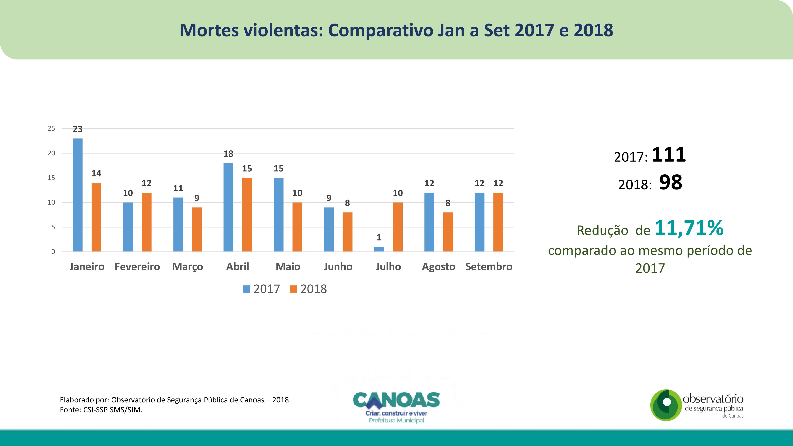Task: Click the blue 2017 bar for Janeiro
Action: (78, 195)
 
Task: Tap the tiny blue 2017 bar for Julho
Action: (379, 249)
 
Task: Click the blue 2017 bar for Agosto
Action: (429, 222)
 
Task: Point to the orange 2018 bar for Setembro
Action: (498, 222)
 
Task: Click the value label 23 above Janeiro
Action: (78, 129)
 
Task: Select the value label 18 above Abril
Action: (228, 154)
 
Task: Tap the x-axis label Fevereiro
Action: (137, 267)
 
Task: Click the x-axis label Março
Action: (188, 267)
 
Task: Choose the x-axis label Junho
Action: (338, 267)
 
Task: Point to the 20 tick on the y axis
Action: (51, 153)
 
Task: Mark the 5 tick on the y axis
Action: (53, 227)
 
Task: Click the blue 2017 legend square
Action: (246, 289)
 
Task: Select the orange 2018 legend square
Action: (293, 289)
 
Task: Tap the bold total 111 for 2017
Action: (669, 155)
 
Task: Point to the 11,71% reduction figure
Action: (689, 228)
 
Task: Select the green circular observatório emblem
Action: (666, 405)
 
